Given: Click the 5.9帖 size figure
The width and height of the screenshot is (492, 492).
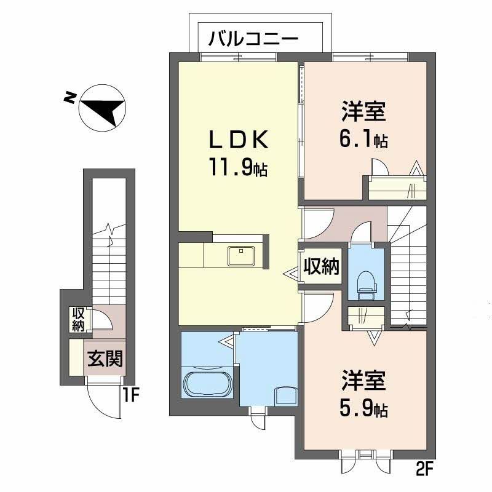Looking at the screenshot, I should tap(363, 408).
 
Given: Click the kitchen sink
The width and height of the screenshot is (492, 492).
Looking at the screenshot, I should tap(242, 254).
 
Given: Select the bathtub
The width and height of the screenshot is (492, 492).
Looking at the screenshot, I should tap(207, 384).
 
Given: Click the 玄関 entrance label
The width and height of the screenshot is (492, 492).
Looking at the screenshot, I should tap(103, 358).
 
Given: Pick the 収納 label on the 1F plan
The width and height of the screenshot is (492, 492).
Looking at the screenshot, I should tap(77, 319).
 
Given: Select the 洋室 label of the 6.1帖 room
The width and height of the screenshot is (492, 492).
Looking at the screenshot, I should tap(363, 114).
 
